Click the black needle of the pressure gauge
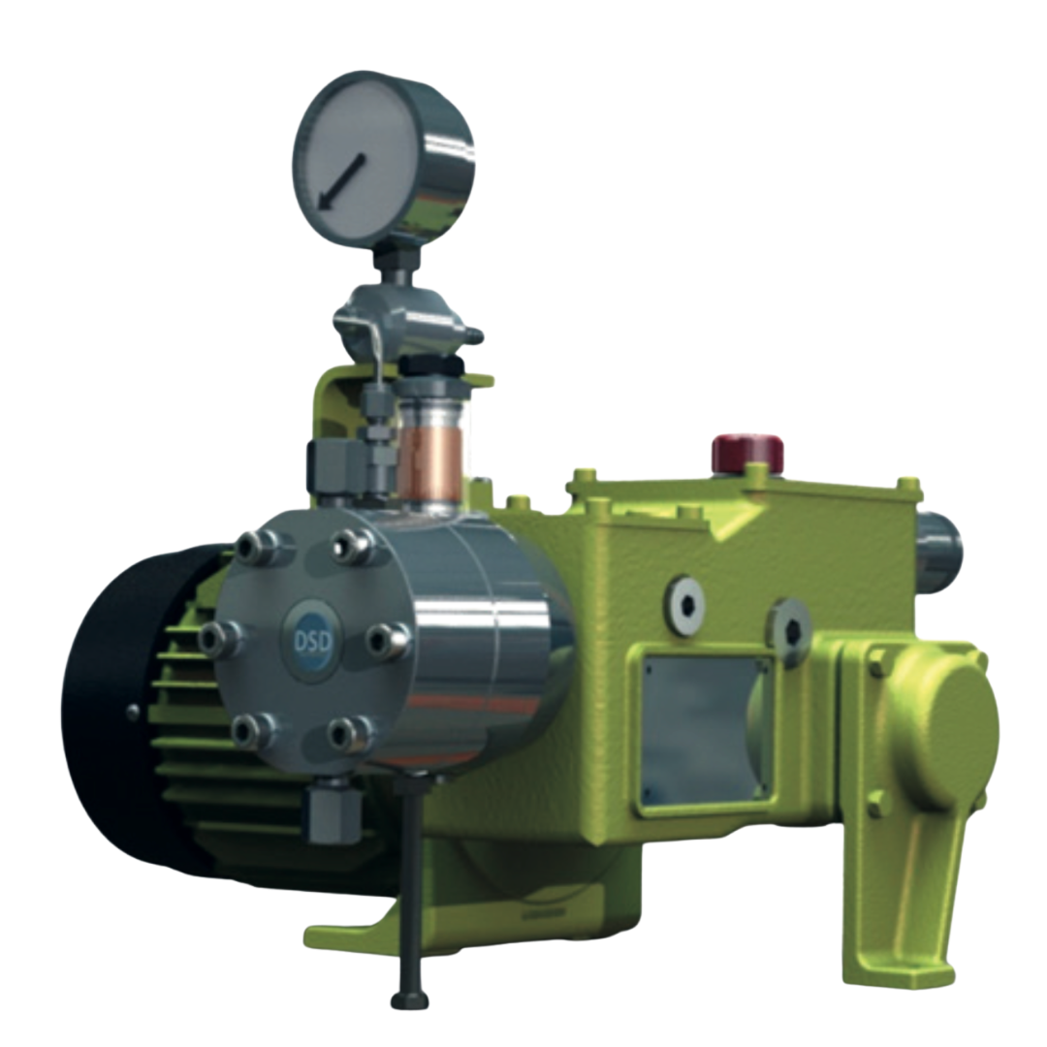coord(341,181)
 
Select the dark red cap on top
coord(747,451)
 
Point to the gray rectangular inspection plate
coord(707,731)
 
